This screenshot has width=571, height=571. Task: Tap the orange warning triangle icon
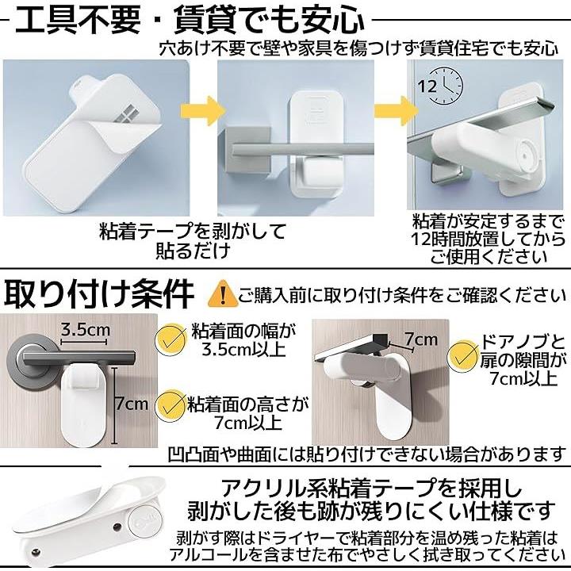point(223,293)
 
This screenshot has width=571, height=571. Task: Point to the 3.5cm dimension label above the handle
point(85,330)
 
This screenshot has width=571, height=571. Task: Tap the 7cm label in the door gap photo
point(421,339)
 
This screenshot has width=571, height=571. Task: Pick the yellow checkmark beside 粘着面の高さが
point(170,407)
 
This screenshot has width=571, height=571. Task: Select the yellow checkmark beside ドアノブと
point(463,356)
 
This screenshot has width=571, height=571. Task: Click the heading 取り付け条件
point(99,294)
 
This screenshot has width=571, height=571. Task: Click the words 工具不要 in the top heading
point(78,21)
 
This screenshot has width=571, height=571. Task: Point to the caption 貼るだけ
point(194,251)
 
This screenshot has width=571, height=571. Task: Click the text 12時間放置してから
point(489,240)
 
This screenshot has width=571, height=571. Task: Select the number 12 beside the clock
point(427,86)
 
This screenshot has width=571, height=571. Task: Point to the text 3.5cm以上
point(243,350)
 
